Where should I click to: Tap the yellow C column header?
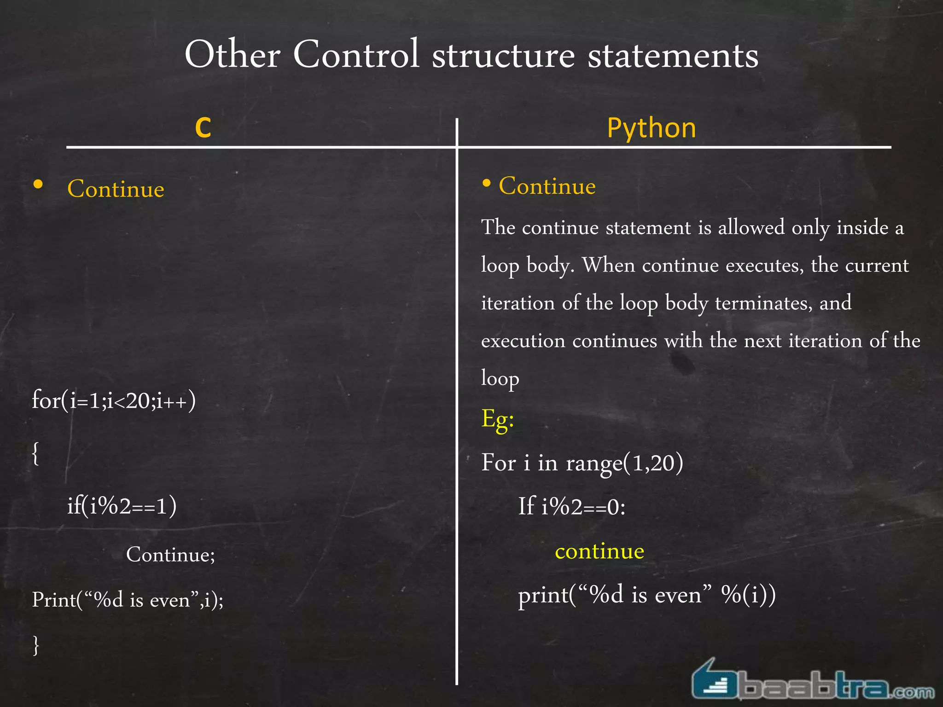[x=203, y=127]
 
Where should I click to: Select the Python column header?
[x=651, y=127]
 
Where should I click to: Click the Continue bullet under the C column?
[x=116, y=189]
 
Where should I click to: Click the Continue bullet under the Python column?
[x=547, y=186]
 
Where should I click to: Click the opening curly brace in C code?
[x=35, y=454]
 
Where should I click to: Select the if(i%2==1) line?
[x=122, y=506]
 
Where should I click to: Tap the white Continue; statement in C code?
[x=170, y=554]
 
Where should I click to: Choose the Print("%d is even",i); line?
[x=128, y=600]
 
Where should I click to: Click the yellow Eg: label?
[x=497, y=419]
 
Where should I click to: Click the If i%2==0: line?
[x=571, y=506]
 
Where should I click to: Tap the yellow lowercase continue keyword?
[x=599, y=551]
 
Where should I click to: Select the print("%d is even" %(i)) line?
[x=646, y=595]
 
